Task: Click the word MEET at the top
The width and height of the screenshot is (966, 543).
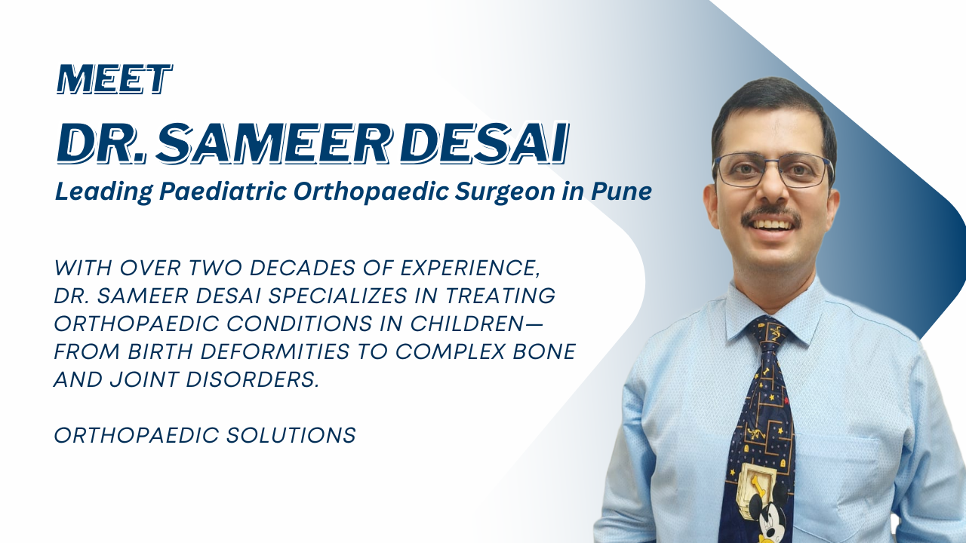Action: point(115,79)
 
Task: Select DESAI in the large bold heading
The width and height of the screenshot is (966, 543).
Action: point(484,143)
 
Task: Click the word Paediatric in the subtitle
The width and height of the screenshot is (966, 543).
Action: point(223,191)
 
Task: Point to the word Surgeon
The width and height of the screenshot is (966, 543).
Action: point(505,192)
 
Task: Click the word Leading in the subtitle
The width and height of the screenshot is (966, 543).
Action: point(103,192)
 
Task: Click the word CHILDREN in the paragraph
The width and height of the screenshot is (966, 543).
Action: point(467,324)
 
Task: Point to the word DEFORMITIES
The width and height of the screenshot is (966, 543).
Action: point(275,351)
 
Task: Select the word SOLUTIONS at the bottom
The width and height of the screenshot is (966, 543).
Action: point(291,435)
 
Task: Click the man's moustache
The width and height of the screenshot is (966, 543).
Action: point(771,215)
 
